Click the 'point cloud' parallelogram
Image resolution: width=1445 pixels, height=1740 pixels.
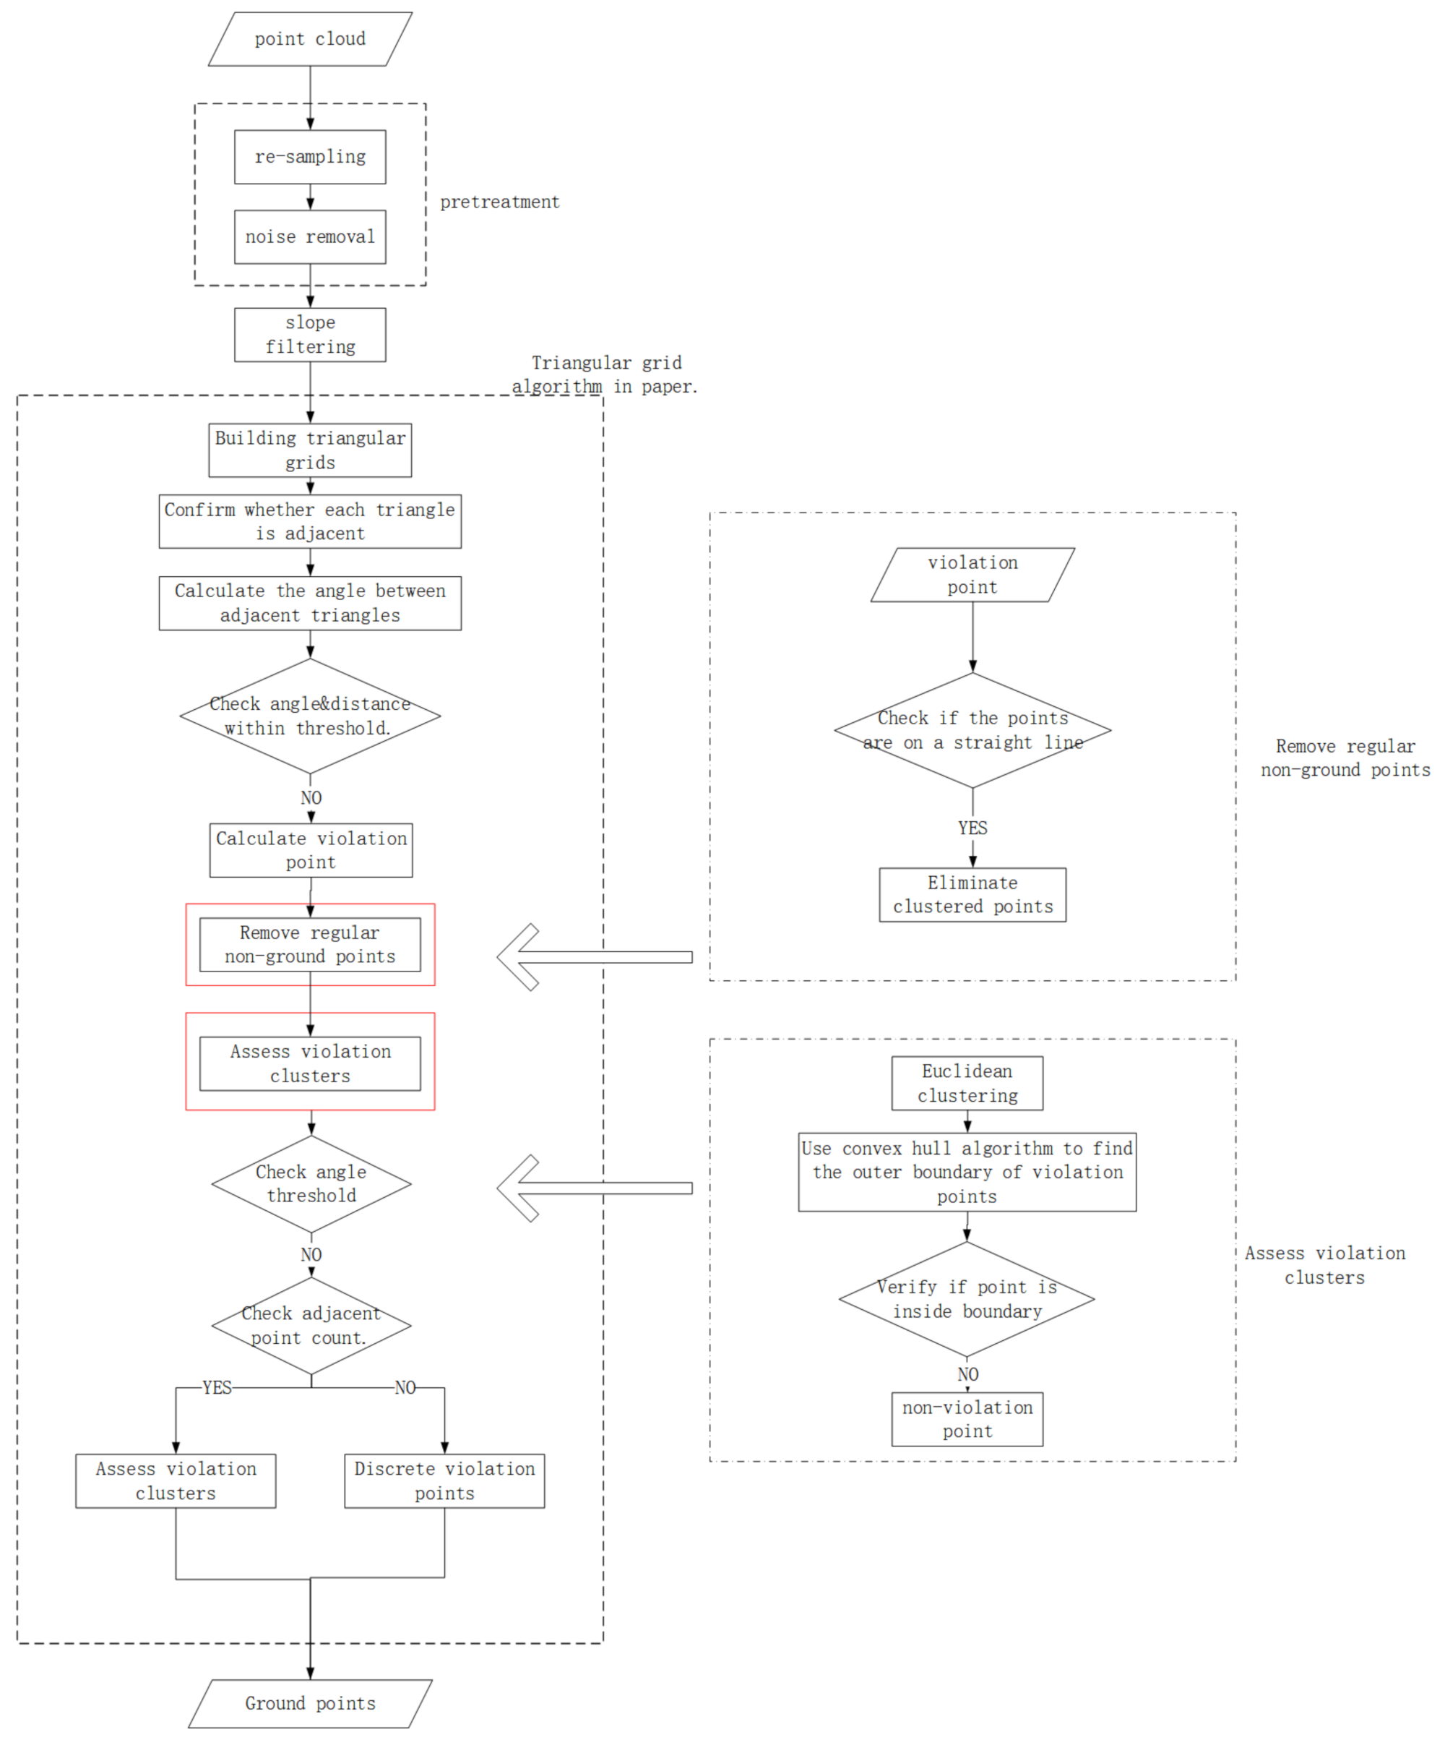310,39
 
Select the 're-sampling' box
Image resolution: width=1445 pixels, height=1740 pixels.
310,157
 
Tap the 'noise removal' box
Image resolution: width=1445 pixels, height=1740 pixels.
310,237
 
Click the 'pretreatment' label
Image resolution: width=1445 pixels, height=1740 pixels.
499,202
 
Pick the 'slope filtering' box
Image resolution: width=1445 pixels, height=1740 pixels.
310,335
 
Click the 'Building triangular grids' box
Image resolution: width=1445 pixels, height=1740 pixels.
310,450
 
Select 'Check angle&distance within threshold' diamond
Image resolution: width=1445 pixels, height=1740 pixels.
310,716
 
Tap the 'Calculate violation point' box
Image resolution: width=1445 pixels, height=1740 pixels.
311,850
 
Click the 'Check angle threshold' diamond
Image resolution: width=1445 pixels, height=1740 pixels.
311,1183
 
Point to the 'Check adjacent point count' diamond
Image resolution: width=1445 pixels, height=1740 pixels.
311,1325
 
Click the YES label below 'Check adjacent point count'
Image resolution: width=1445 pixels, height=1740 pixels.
217,1388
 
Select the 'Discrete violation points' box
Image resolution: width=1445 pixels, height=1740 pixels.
444,1480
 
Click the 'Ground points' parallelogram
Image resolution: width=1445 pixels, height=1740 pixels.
310,1704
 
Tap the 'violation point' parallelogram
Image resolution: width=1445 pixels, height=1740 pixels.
972,575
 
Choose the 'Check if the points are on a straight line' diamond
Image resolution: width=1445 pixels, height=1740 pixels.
972,730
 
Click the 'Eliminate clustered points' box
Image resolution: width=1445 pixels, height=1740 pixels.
972,895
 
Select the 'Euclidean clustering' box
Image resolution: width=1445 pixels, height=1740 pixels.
967,1083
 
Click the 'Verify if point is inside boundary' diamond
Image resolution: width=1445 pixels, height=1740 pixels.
967,1298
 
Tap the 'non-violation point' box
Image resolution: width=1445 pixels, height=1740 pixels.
967,1419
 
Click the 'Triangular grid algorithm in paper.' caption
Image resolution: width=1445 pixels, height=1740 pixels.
605,374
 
